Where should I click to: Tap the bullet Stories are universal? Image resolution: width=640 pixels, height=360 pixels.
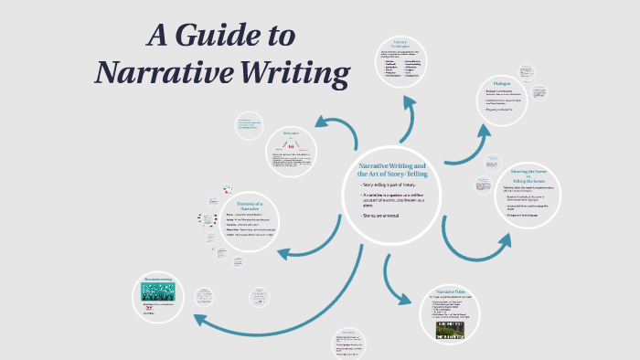(x=385, y=216)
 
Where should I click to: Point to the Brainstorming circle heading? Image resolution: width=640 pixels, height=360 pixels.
(x=158, y=279)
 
